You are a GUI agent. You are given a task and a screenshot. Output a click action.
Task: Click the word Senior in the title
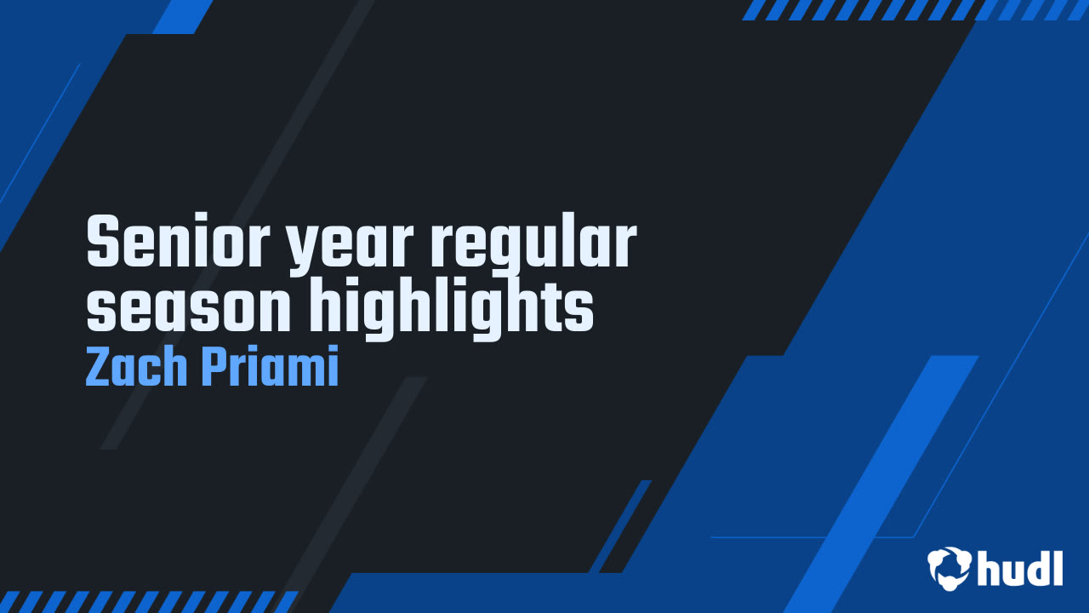(179, 240)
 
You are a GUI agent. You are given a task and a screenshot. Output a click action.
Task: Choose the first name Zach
(136, 365)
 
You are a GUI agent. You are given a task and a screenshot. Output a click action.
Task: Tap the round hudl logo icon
(949, 568)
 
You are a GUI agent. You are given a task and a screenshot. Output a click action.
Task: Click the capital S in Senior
(103, 240)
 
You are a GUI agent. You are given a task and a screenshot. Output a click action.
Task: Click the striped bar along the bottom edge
(149, 602)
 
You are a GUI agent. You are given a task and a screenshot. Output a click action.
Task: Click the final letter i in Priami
(333, 365)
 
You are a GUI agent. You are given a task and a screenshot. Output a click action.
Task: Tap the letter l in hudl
(1057, 568)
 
